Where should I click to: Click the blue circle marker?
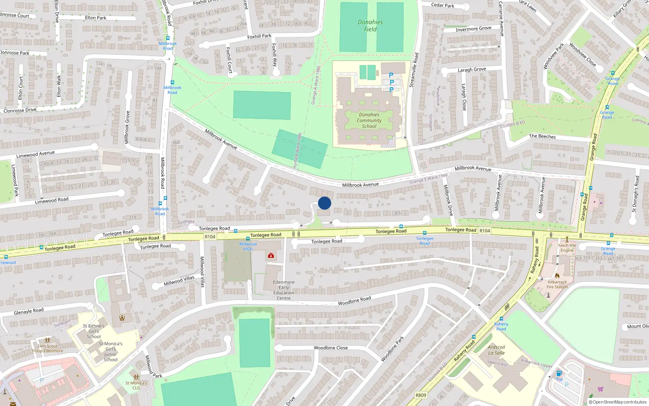click(324, 203)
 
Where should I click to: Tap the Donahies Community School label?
click(369, 121)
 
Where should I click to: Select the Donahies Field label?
click(370, 26)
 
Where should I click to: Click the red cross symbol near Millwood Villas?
click(271, 255)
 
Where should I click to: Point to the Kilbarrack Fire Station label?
click(557, 284)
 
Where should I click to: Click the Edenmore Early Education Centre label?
click(284, 290)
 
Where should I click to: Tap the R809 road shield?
click(421, 395)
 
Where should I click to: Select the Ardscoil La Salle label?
click(496, 350)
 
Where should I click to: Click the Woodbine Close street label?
click(331, 348)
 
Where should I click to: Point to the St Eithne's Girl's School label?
click(94, 331)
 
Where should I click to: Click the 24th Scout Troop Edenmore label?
click(48, 348)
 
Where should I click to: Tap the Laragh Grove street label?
click(472, 69)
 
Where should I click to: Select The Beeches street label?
click(542, 136)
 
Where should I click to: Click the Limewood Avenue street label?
click(35, 154)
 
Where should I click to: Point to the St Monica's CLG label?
click(136, 385)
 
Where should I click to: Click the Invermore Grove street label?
click(473, 29)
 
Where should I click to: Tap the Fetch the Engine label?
click(567, 248)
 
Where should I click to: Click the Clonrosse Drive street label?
click(20, 110)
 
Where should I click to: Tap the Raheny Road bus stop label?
click(501, 326)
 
